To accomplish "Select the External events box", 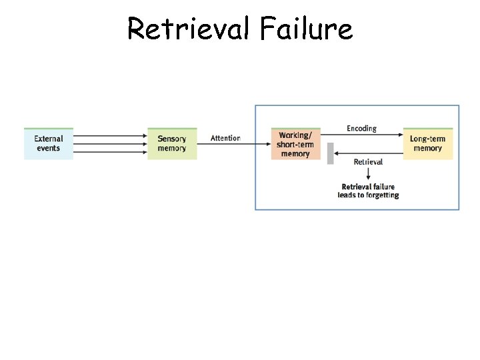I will [49, 144].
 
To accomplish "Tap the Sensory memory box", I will [172, 144].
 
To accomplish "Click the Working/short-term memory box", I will [295, 144].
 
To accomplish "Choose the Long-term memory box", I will [427, 144].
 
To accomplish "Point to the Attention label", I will [225, 138].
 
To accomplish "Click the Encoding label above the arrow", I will [361, 128].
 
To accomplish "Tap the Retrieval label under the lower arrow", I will [368, 162].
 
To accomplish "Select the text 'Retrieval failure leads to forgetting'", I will [368, 191].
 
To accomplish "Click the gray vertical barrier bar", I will [330, 153].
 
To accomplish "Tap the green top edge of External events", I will [49, 129].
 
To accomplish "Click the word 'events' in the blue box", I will [49, 149].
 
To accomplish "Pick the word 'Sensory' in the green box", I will [172, 139].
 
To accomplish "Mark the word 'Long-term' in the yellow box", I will [427, 139].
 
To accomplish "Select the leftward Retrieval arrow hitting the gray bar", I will [367, 153].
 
